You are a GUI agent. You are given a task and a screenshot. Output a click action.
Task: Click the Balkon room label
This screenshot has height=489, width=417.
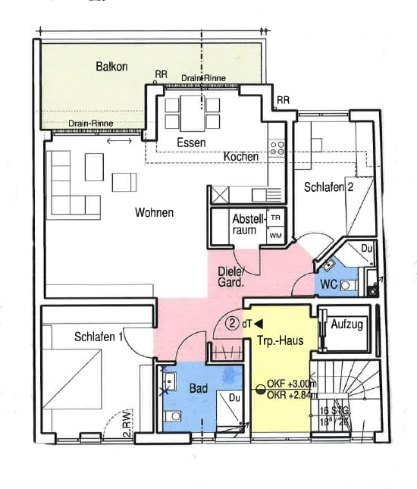[111, 67]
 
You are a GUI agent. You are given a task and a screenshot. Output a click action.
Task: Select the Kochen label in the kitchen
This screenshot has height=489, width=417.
[241, 156]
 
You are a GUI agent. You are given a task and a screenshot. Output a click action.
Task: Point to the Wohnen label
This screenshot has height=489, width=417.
[154, 212]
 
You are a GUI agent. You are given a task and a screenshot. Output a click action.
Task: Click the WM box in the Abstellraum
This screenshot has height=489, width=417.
[274, 236]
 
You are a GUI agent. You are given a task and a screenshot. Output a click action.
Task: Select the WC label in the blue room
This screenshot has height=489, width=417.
[328, 284]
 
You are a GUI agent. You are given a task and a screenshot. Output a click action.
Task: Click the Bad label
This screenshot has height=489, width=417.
[199, 388]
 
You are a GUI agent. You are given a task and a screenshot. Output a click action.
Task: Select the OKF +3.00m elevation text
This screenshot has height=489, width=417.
[290, 384]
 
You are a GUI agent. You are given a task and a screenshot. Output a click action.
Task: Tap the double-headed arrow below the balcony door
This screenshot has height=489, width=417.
[118, 141]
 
